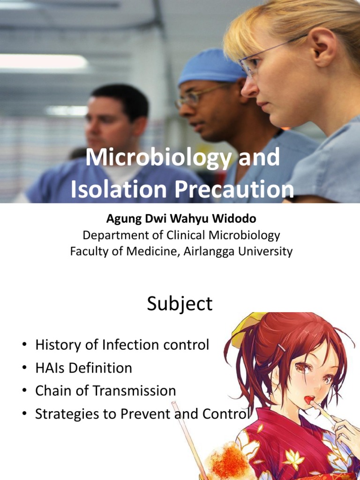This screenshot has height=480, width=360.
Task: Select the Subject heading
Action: point(180,304)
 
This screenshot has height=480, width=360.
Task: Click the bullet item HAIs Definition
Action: point(83,368)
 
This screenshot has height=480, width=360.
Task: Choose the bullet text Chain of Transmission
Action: point(105,390)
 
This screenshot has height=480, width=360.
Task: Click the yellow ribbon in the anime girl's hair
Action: point(244,328)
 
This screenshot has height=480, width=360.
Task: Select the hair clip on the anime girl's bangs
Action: point(281,348)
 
